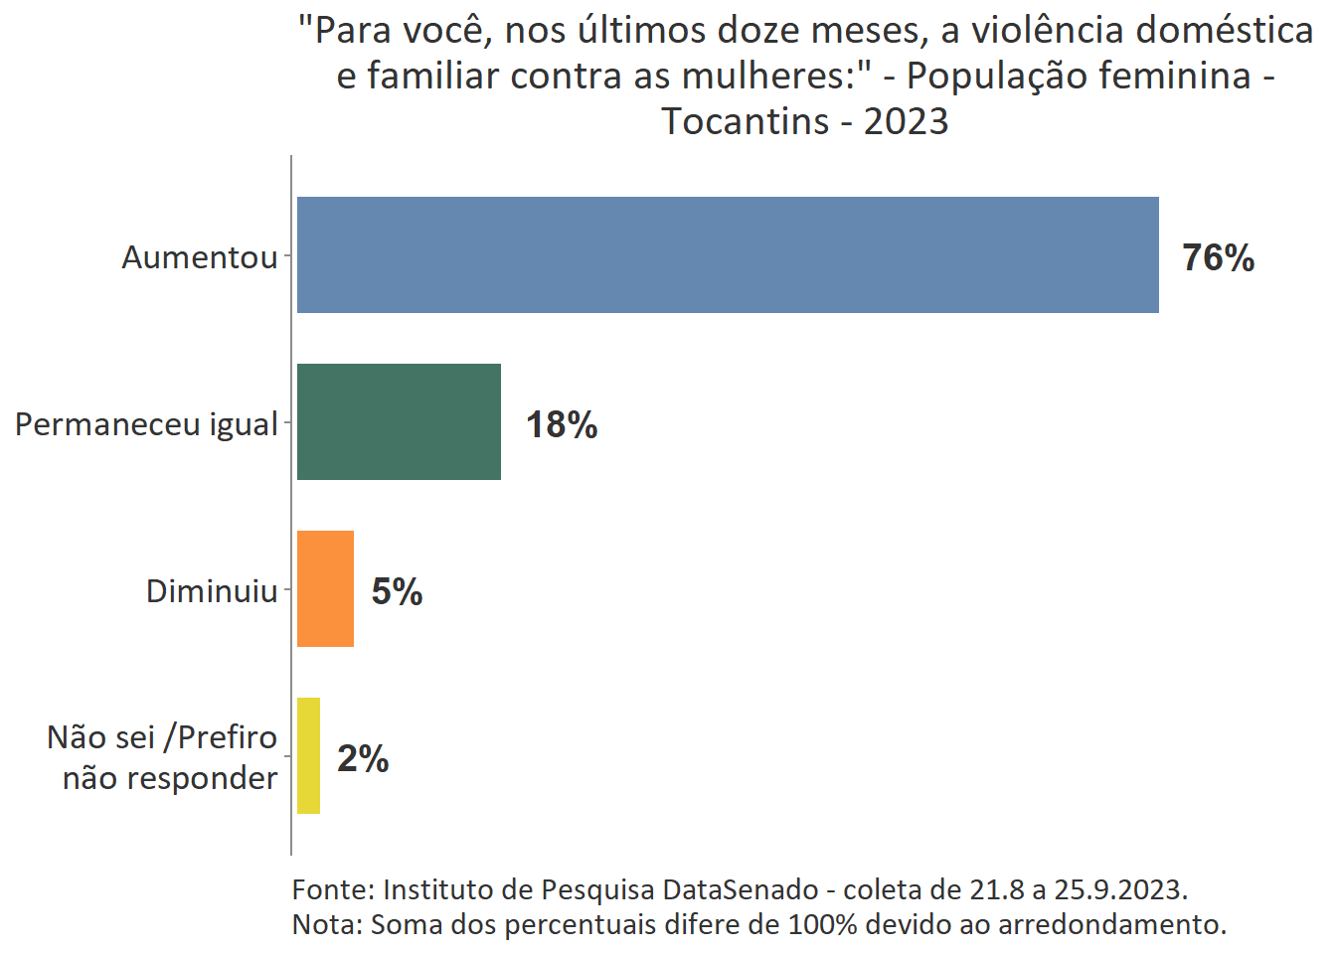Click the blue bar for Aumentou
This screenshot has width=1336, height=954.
tap(728, 254)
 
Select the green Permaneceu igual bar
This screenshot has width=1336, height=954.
tap(399, 421)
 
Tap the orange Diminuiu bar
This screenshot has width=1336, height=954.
tap(325, 588)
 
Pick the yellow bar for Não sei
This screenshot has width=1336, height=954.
tap(308, 755)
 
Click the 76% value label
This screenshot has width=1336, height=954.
tap(1218, 257)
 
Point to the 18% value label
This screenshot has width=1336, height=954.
tap(562, 424)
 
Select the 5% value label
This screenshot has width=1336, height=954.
tap(397, 591)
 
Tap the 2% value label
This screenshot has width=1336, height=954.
tap(363, 758)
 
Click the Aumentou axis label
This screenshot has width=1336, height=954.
tap(200, 257)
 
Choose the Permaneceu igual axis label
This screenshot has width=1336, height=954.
tap(146, 424)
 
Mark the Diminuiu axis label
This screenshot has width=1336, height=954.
tap(212, 591)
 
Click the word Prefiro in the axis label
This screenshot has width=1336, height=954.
tap(227, 737)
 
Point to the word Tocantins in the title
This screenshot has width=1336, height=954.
tap(746, 121)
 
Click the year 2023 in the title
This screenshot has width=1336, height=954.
tap(906, 121)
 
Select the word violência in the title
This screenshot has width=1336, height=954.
tap(1048, 31)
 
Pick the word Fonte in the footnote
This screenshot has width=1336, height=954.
tap(332, 889)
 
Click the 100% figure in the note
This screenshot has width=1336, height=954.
tap(822, 925)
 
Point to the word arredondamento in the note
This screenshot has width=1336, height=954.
tap(1111, 925)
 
